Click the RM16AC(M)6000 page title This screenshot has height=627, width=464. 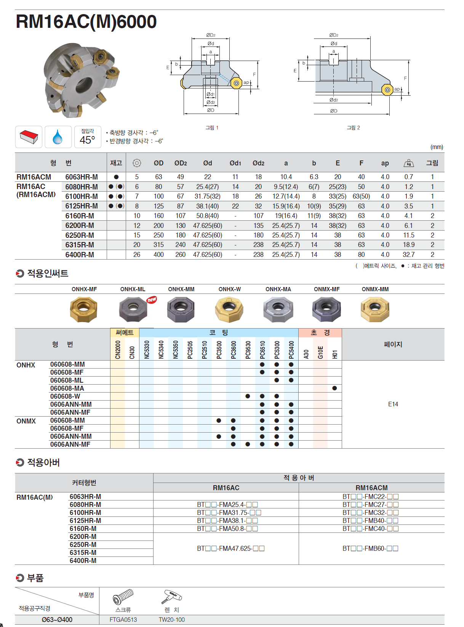(x=86, y=22)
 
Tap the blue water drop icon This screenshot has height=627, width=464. (x=58, y=137)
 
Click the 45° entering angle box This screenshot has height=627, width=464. (x=88, y=137)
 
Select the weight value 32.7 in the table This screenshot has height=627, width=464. (x=409, y=254)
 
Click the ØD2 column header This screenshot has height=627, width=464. (x=181, y=163)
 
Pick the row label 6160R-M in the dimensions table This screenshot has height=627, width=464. (x=80, y=216)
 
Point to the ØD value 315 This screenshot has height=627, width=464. (x=158, y=245)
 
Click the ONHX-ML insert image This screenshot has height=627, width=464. (x=133, y=309)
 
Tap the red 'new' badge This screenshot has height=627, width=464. (x=152, y=300)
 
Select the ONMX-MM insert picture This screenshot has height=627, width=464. (x=375, y=309)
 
